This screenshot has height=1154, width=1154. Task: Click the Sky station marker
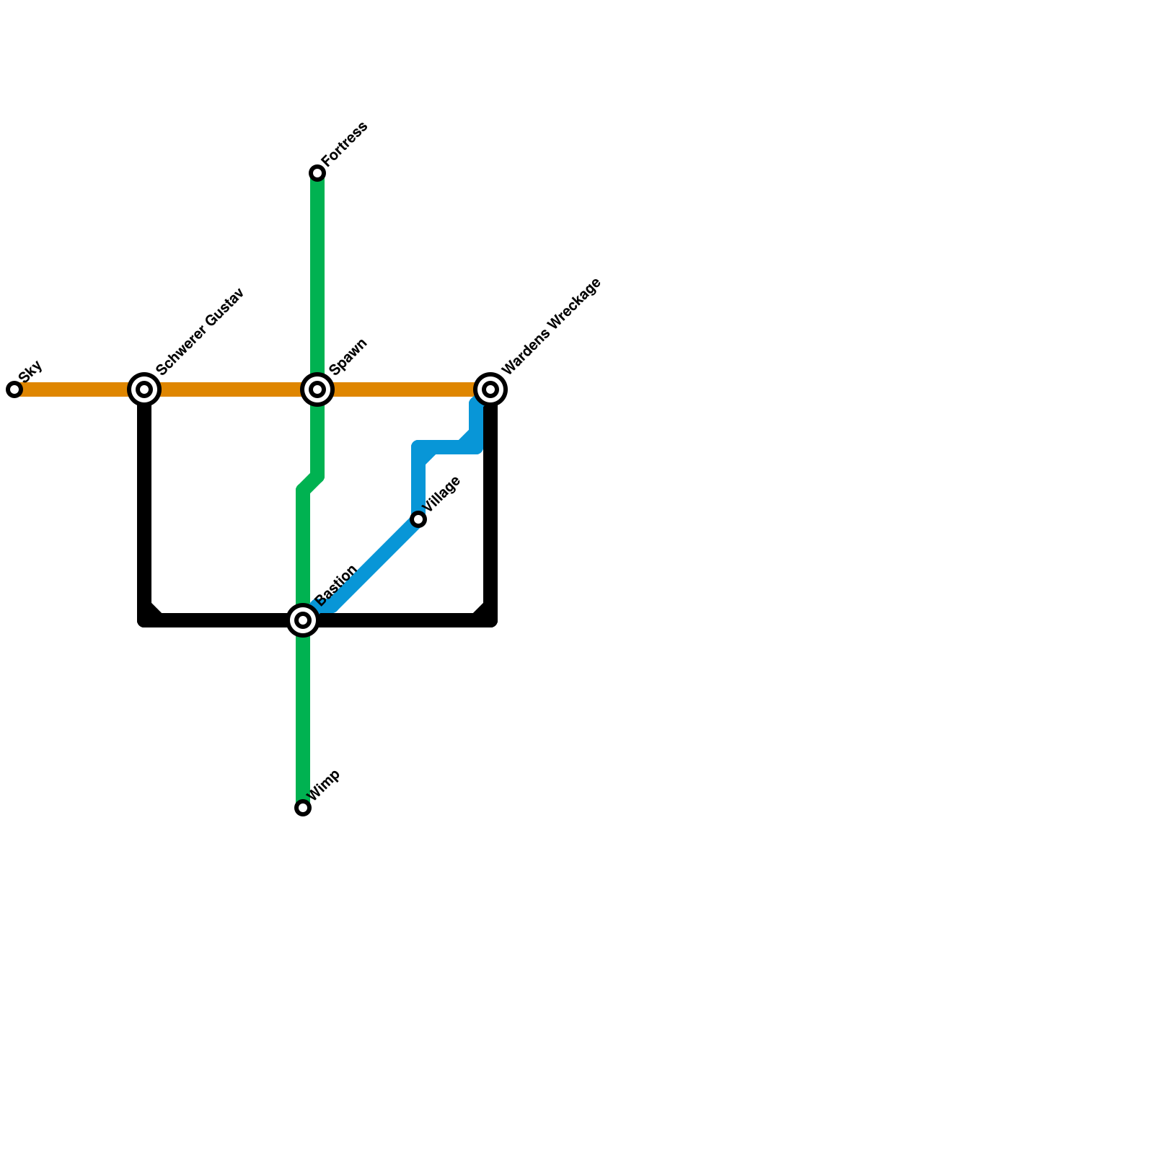tap(14, 389)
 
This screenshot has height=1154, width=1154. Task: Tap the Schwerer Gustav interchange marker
tap(144, 389)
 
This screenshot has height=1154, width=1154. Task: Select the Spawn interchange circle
tap(317, 389)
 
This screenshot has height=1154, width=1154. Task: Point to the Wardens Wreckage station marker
tap(490, 389)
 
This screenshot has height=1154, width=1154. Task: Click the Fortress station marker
tap(317, 173)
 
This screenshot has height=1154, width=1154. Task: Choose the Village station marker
tap(418, 519)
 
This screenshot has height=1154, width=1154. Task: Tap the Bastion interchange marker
tap(303, 620)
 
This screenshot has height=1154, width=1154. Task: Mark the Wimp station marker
tap(303, 808)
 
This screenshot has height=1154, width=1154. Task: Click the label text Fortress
tap(344, 144)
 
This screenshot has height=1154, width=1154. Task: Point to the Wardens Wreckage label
tap(551, 326)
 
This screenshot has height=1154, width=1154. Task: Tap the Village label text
tap(441, 495)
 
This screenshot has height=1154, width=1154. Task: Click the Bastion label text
tap(336, 585)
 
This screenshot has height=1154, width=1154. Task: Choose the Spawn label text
tap(348, 356)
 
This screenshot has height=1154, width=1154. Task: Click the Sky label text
tap(31, 371)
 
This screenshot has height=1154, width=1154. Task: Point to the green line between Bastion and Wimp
tap(303, 714)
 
